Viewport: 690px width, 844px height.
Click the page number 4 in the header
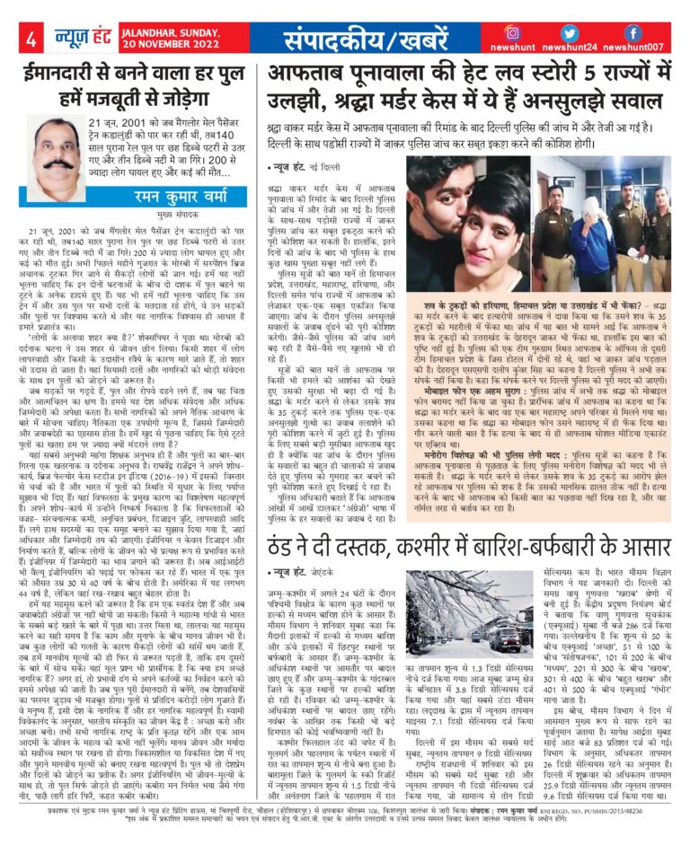pyautogui.click(x=31, y=40)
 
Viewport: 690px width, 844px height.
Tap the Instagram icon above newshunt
pyautogui.click(x=537, y=31)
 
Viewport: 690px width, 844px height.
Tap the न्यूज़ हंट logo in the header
pyautogui.click(x=71, y=39)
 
